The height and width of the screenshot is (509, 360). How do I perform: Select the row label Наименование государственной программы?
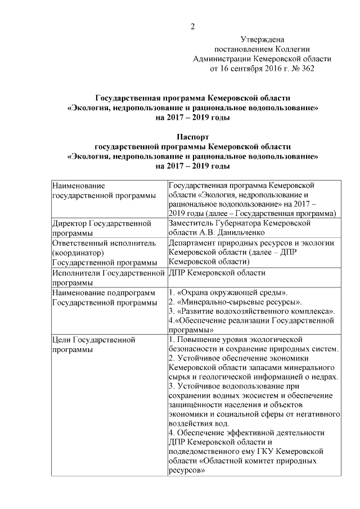click(x=104, y=190)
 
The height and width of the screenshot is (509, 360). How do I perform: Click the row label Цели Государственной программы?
click(x=93, y=345)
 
